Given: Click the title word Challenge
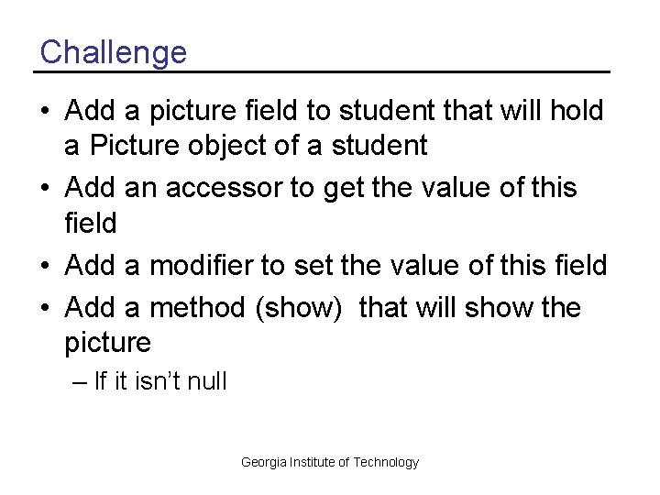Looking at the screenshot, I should point(113,51).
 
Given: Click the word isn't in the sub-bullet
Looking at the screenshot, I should point(151,381).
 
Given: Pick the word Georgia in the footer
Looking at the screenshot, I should point(263,463).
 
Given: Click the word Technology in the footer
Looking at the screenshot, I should point(386,463).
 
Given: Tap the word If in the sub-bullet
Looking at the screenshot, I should point(101,381).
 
